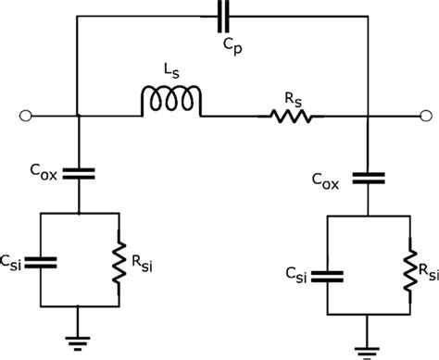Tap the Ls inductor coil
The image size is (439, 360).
coord(170,103)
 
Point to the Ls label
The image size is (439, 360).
coord(169,71)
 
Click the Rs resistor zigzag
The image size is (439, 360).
coord(292,117)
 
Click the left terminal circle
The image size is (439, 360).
coord(23,117)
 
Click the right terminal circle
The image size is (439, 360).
coord(425,117)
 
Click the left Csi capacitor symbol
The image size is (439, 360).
coord(37,262)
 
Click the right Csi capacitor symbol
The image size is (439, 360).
coord(329,275)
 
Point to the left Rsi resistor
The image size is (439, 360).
coord(119,262)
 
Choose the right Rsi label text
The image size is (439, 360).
coord(425,271)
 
